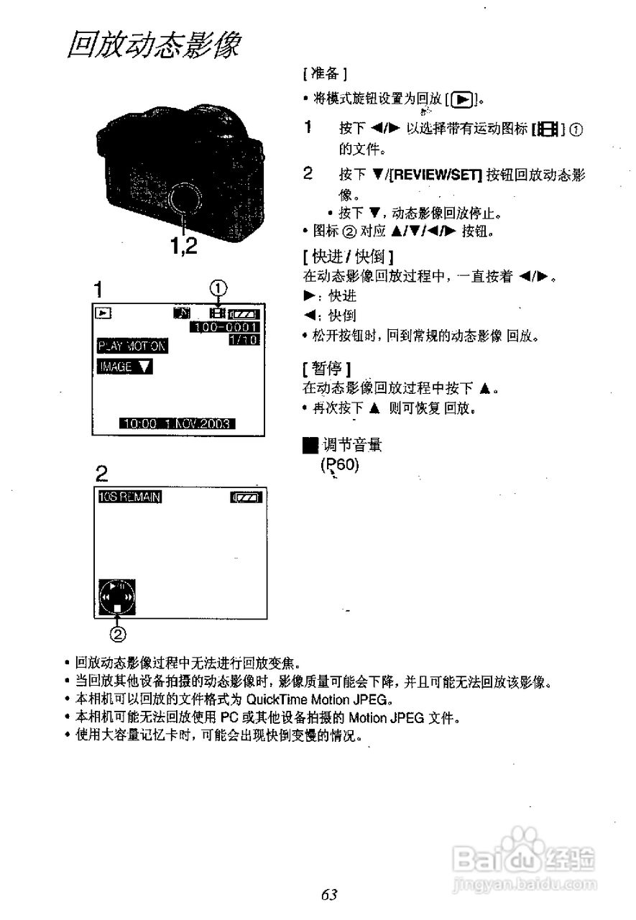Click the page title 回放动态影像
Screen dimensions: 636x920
point(153,45)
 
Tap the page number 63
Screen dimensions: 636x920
point(329,894)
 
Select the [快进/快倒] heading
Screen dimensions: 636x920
point(348,256)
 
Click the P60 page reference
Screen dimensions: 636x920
point(339,464)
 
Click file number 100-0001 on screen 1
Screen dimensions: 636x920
point(224,327)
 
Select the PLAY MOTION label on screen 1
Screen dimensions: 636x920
point(132,346)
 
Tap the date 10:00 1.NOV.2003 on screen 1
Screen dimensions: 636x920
point(178,424)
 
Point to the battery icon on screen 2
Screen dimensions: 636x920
point(246,497)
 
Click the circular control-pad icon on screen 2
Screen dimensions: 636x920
point(116,597)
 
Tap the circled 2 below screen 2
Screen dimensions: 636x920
point(117,633)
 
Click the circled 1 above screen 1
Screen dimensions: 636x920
point(218,289)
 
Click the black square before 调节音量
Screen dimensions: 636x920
point(310,446)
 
